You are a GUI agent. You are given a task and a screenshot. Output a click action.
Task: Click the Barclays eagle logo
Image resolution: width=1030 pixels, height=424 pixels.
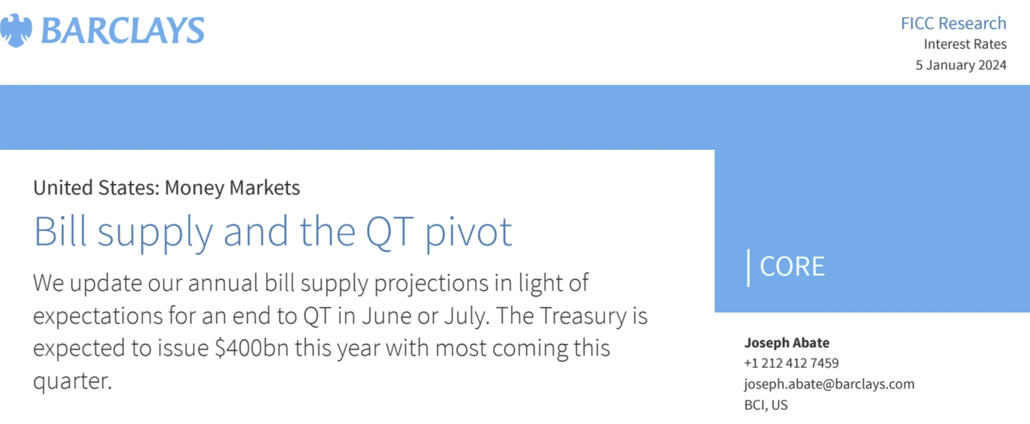tap(16, 30)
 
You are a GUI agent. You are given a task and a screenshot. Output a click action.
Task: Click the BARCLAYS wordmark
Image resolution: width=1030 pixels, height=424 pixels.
tap(123, 30)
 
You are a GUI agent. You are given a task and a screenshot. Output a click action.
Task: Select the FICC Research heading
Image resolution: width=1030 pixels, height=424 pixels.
tap(953, 23)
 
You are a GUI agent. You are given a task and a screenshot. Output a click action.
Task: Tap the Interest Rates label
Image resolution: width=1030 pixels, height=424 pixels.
tap(965, 44)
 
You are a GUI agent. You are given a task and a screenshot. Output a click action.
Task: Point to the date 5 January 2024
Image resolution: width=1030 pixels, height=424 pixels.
tap(961, 65)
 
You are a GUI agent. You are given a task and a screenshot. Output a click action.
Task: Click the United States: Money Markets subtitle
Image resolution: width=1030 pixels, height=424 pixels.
tap(167, 188)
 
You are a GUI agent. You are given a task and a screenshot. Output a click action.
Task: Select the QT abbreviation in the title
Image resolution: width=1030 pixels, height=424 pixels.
tap(390, 232)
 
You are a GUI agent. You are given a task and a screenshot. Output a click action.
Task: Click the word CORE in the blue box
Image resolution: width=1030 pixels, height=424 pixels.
tap(792, 267)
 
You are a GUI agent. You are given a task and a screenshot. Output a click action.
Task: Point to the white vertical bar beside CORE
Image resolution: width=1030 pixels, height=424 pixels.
tap(749, 268)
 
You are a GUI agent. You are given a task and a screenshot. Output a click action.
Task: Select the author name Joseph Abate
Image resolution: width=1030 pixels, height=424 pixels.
tap(787, 343)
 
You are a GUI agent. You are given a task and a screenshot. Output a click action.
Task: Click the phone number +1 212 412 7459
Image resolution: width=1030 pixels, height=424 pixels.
tap(791, 363)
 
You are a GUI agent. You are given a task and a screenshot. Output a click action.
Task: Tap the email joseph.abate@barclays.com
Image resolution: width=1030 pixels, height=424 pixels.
tap(829, 384)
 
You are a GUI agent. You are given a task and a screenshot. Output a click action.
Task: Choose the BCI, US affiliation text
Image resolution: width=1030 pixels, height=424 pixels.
tap(766, 405)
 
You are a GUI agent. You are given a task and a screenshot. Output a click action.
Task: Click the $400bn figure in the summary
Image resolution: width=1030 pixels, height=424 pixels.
tap(252, 348)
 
